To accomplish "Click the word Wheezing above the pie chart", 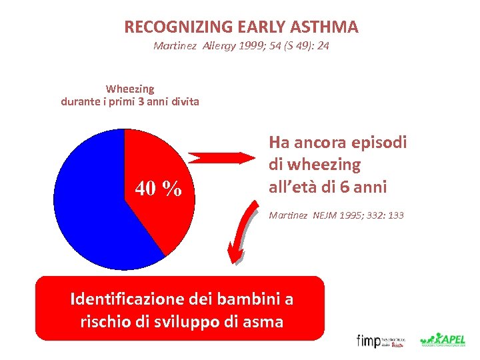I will click(130, 89).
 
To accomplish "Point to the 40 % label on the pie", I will click(159, 189).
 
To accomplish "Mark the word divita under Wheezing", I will click(183, 102).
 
